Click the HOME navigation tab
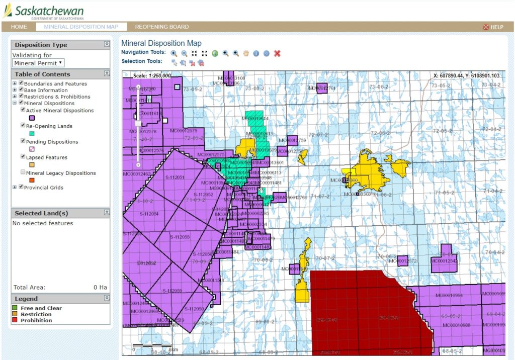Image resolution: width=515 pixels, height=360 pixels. pos(19,27)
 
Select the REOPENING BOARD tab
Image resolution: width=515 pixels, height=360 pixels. pos(162,27)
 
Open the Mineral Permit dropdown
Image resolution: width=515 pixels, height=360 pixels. pos(38,63)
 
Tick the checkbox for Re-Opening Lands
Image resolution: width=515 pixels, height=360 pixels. pos(23,126)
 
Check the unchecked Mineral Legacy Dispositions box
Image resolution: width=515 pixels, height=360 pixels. pos(23,172)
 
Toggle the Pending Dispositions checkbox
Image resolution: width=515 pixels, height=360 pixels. pos(23,141)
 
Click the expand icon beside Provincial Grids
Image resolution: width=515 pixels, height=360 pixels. pos(15,188)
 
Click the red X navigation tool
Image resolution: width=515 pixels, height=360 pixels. pos(277,53)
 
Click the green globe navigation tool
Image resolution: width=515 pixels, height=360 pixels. pos(215,53)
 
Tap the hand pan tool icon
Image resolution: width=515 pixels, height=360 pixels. pos(246,53)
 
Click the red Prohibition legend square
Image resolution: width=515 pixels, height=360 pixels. pos(16,320)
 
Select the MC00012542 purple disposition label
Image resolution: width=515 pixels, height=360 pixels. pos(444,261)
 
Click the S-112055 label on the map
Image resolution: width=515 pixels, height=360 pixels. pos(180,236)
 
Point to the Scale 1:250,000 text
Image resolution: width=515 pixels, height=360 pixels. pos(152,76)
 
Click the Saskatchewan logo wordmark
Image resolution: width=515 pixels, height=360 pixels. pos(49,11)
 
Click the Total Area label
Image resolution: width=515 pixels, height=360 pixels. pos(29,288)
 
